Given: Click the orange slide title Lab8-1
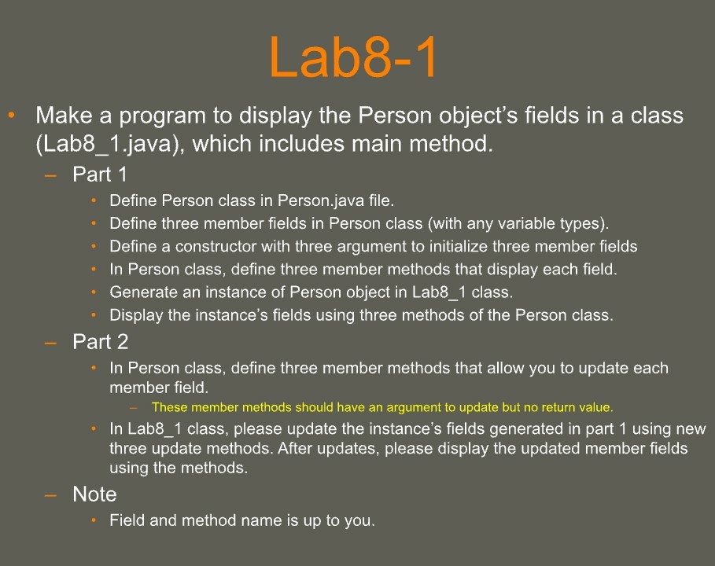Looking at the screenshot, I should tap(352, 57).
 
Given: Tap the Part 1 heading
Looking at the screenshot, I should tap(100, 174).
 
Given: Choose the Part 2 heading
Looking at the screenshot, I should tap(100, 342).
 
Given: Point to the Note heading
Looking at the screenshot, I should tap(94, 494).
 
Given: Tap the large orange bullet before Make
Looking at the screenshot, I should tap(12, 116).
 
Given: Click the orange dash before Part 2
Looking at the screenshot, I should tap(51, 342).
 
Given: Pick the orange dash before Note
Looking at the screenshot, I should tap(51, 494).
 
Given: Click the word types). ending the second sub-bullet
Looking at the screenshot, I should tap(586, 224).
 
